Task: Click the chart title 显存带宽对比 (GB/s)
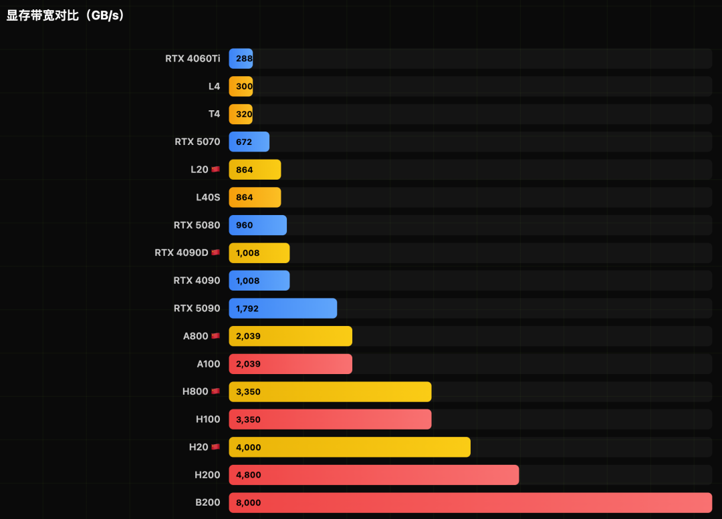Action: point(66,15)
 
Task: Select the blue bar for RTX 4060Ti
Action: point(241,59)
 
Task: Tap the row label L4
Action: point(214,86)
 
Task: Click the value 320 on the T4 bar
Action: point(244,114)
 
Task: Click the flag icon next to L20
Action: point(215,170)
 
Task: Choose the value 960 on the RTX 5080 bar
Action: point(244,225)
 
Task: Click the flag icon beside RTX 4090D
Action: point(215,253)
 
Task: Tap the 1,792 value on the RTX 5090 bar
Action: point(247,309)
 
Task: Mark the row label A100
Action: point(208,364)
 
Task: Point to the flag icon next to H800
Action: point(215,391)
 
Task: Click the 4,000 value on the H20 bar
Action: point(248,448)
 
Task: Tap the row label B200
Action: point(207,502)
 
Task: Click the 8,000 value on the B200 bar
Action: point(248,503)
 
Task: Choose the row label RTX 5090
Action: point(197,308)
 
